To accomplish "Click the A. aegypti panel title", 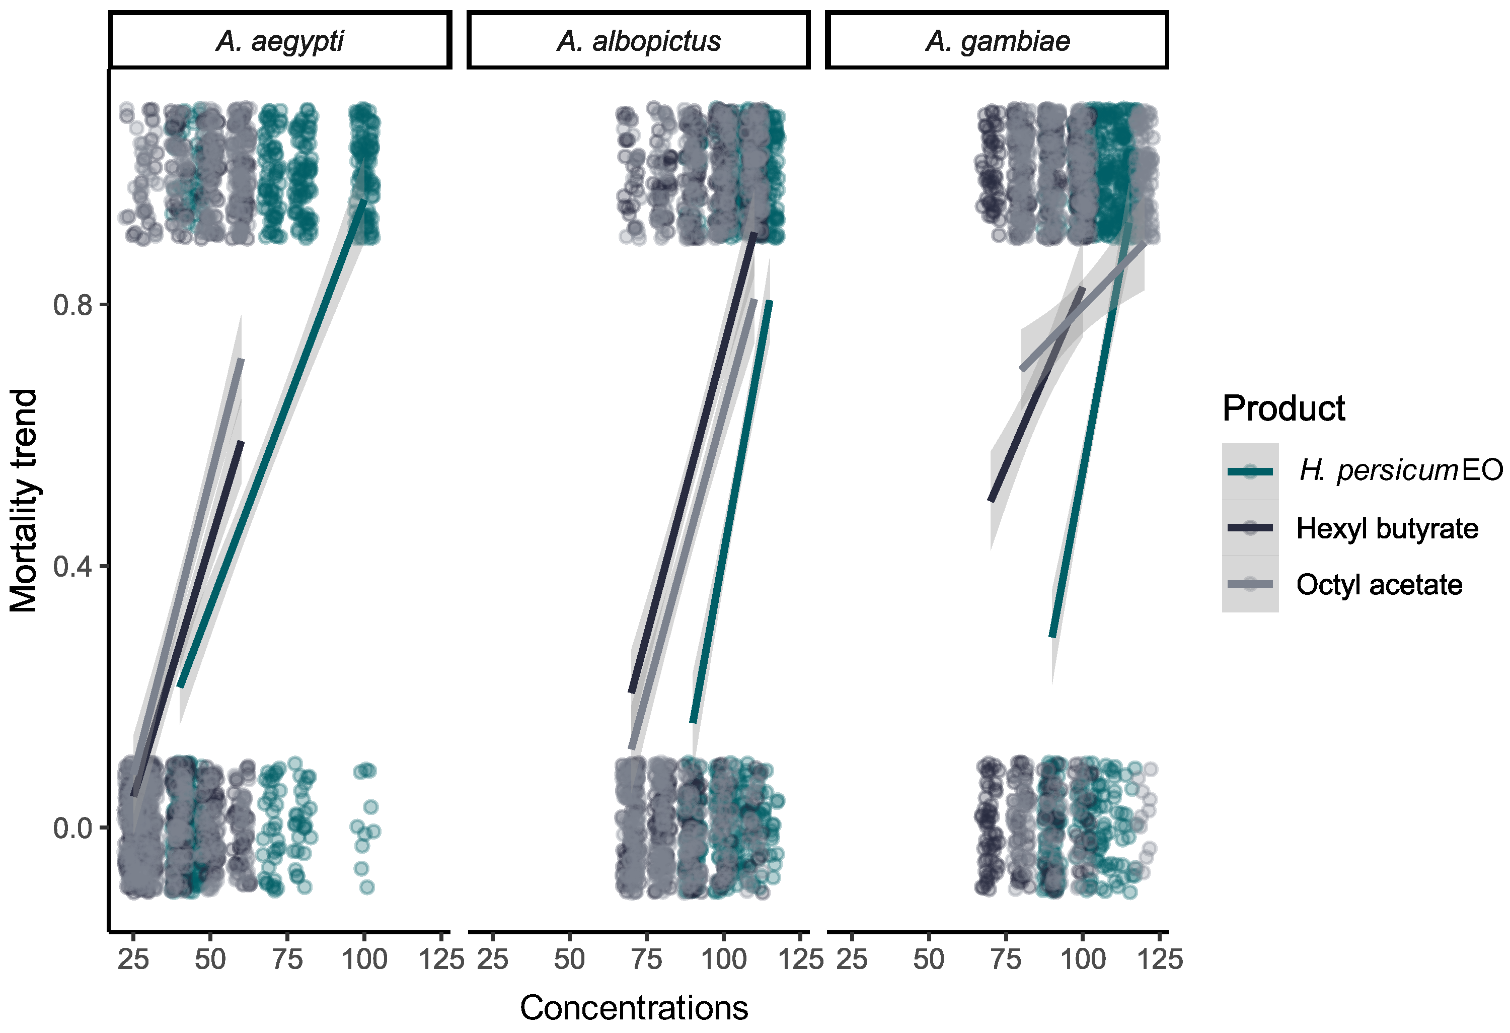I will point(280,41).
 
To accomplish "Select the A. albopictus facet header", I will point(639,41).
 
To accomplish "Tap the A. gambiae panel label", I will point(997,41).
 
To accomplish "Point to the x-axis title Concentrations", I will point(634,1008).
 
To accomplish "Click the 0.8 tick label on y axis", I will point(73,305).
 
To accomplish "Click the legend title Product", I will point(1283,408).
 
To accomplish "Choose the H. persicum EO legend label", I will point(1400,470).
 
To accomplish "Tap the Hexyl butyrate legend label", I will point(1387,528).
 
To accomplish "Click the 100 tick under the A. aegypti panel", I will point(364,959).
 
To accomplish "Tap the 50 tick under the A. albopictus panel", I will point(569,959).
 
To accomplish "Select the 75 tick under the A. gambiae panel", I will point(1005,959).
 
